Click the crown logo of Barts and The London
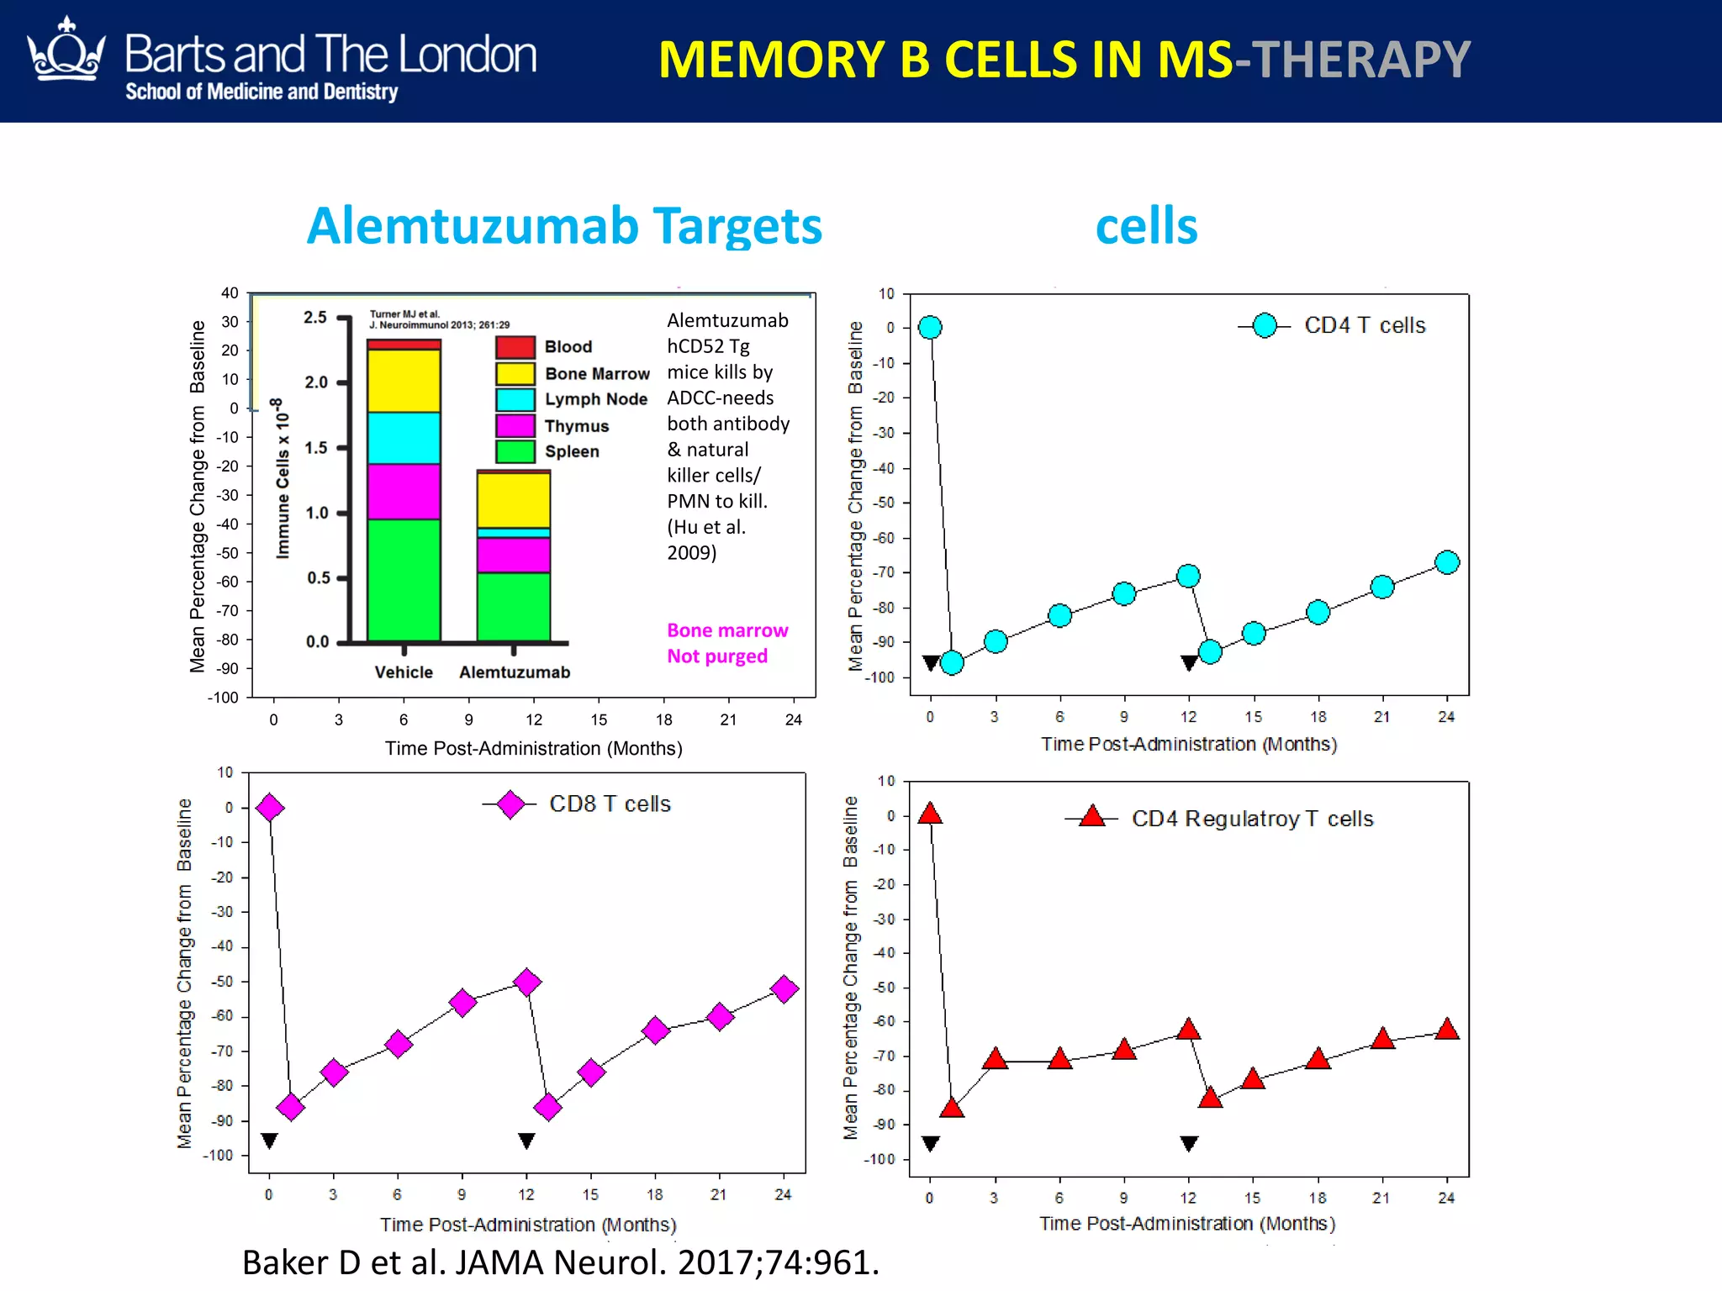point(66,52)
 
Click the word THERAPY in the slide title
point(1360,60)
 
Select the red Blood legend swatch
point(515,347)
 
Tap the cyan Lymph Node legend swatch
point(515,399)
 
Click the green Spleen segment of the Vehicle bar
point(404,580)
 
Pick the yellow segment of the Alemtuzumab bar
point(514,500)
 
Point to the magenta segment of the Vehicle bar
point(404,492)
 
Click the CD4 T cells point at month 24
point(1447,562)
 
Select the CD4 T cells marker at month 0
point(930,327)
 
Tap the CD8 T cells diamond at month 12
point(527,982)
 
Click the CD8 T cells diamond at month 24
point(784,989)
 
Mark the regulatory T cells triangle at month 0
point(930,814)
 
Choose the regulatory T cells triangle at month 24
point(1447,1030)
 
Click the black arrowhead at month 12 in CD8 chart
point(526,1141)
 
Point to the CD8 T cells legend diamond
point(510,804)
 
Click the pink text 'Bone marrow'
point(727,630)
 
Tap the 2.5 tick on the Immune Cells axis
point(315,318)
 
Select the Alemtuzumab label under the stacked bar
point(515,672)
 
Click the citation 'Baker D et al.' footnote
point(560,1262)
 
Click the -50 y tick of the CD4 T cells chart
point(884,503)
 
